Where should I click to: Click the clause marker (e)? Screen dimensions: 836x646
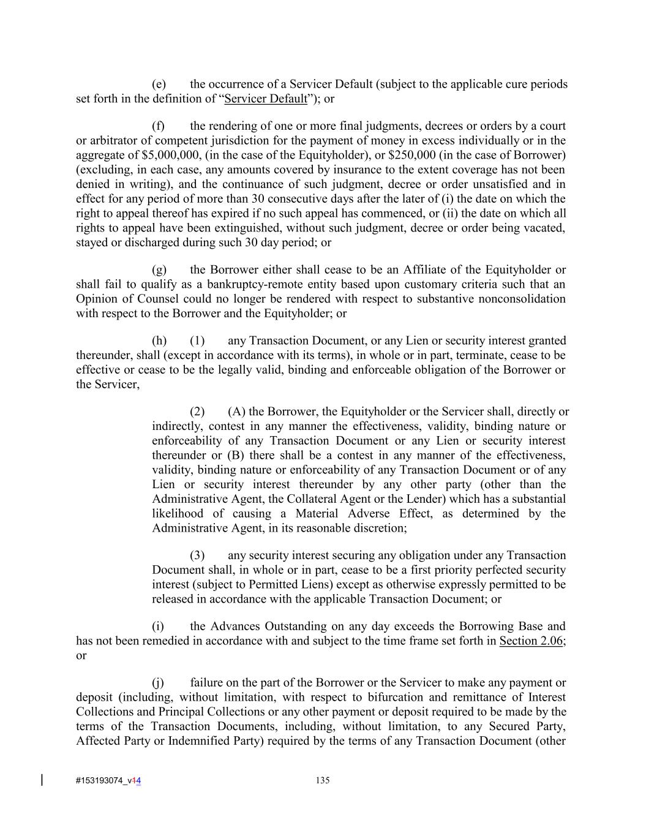(159, 84)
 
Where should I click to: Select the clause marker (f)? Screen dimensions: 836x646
(159, 126)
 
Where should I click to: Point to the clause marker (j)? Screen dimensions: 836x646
(158, 682)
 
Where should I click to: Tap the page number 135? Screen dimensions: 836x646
(323, 780)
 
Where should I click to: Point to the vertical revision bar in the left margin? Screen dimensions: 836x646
(42, 780)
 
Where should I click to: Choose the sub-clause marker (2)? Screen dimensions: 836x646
(197, 412)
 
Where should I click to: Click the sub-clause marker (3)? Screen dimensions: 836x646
(197, 555)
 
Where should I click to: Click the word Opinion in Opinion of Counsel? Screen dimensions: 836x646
(97, 299)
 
